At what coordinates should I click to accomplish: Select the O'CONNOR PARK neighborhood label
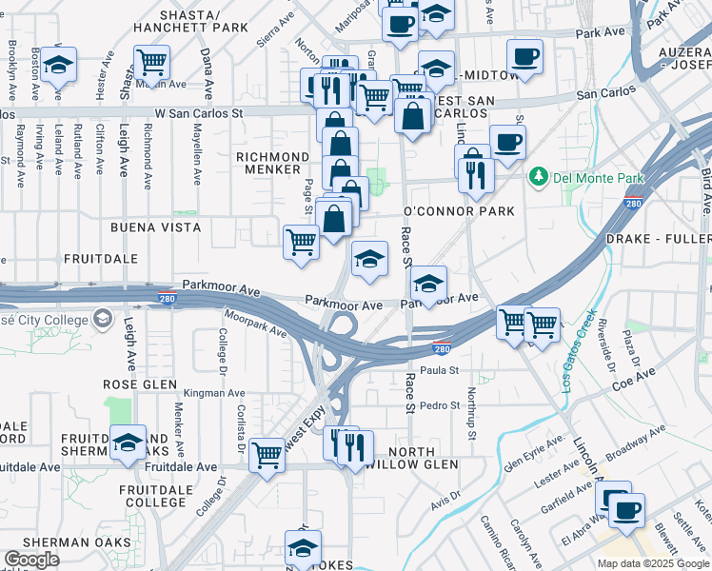(x=459, y=210)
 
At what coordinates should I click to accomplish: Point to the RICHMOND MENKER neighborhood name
(x=273, y=164)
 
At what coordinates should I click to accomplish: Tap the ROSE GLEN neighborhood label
(x=142, y=384)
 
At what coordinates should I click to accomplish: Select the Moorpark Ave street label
(x=255, y=324)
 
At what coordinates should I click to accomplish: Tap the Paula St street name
(x=440, y=370)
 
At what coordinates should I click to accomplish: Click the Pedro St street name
(x=440, y=405)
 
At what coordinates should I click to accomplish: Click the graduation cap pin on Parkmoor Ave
(x=428, y=284)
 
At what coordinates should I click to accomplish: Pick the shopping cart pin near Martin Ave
(x=151, y=64)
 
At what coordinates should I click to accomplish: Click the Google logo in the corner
(x=31, y=560)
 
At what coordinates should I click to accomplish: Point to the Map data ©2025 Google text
(x=653, y=563)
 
